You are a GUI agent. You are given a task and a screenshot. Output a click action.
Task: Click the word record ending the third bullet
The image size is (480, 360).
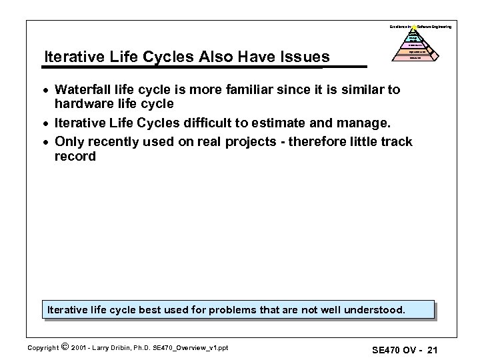tap(75, 157)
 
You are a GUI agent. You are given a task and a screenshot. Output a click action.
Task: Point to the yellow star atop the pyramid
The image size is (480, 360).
tap(413, 27)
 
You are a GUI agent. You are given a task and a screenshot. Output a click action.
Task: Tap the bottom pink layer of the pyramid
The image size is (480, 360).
tap(414, 57)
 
